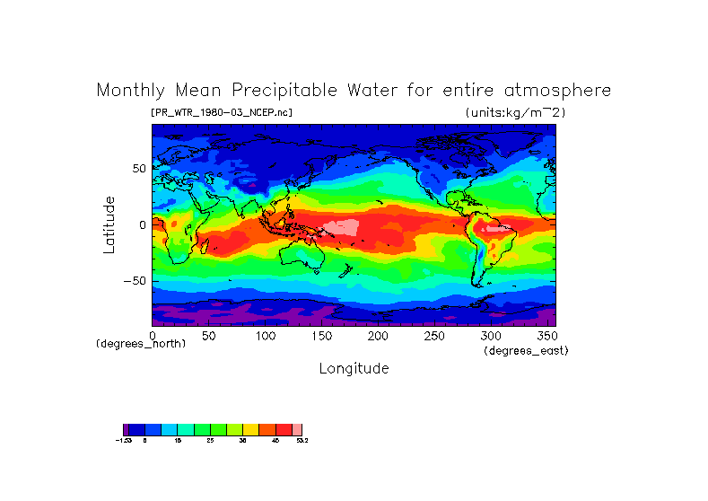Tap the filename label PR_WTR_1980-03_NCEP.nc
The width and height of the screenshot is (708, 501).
(x=221, y=112)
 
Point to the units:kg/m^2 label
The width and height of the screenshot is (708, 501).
(x=515, y=112)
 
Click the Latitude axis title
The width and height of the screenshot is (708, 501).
(x=109, y=224)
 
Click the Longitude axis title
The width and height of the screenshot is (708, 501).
(x=354, y=368)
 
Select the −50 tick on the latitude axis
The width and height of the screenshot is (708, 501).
(x=135, y=280)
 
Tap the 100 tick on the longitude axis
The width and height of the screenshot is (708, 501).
(x=265, y=336)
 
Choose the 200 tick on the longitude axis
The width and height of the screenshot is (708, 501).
(x=378, y=336)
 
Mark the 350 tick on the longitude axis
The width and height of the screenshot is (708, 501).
(x=546, y=336)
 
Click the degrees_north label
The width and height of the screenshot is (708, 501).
(x=141, y=344)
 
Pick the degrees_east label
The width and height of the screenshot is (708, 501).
(x=526, y=350)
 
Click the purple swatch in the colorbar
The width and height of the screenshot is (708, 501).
(x=127, y=430)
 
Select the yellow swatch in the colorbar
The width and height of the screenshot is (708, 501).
(x=250, y=430)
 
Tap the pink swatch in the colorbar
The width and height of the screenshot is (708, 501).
(x=298, y=430)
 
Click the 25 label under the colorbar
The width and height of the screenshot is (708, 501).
(x=210, y=441)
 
